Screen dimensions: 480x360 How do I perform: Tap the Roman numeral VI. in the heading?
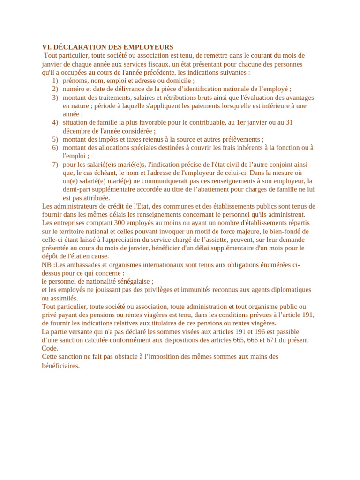pyautogui.click(x=46, y=47)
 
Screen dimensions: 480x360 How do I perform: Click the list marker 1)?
pyautogui.click(x=55, y=81)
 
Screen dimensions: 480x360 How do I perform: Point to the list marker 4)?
pyautogui.click(x=55, y=122)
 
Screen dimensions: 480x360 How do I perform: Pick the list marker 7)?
pyautogui.click(x=55, y=165)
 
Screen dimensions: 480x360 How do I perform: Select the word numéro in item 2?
pyautogui.click(x=75, y=89)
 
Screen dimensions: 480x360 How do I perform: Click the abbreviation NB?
pyautogui.click(x=47, y=265)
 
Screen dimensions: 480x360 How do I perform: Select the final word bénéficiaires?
pyautogui.click(x=61, y=366)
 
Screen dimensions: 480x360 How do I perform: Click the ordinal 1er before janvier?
pyautogui.click(x=241, y=122)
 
